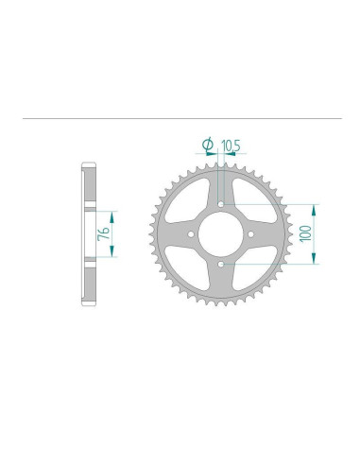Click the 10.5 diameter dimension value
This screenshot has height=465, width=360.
(x=231, y=146)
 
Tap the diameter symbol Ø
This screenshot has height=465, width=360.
(x=208, y=145)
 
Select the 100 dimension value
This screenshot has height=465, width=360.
(x=305, y=233)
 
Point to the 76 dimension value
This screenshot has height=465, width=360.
(x=104, y=233)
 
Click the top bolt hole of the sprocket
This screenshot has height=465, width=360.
(x=221, y=204)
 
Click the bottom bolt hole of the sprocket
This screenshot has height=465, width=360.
(x=221, y=264)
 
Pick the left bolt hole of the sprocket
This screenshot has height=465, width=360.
(x=191, y=234)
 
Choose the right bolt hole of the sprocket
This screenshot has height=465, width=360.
(x=251, y=234)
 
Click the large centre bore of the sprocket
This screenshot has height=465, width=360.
(x=221, y=234)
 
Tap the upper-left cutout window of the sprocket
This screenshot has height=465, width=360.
(x=189, y=200)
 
